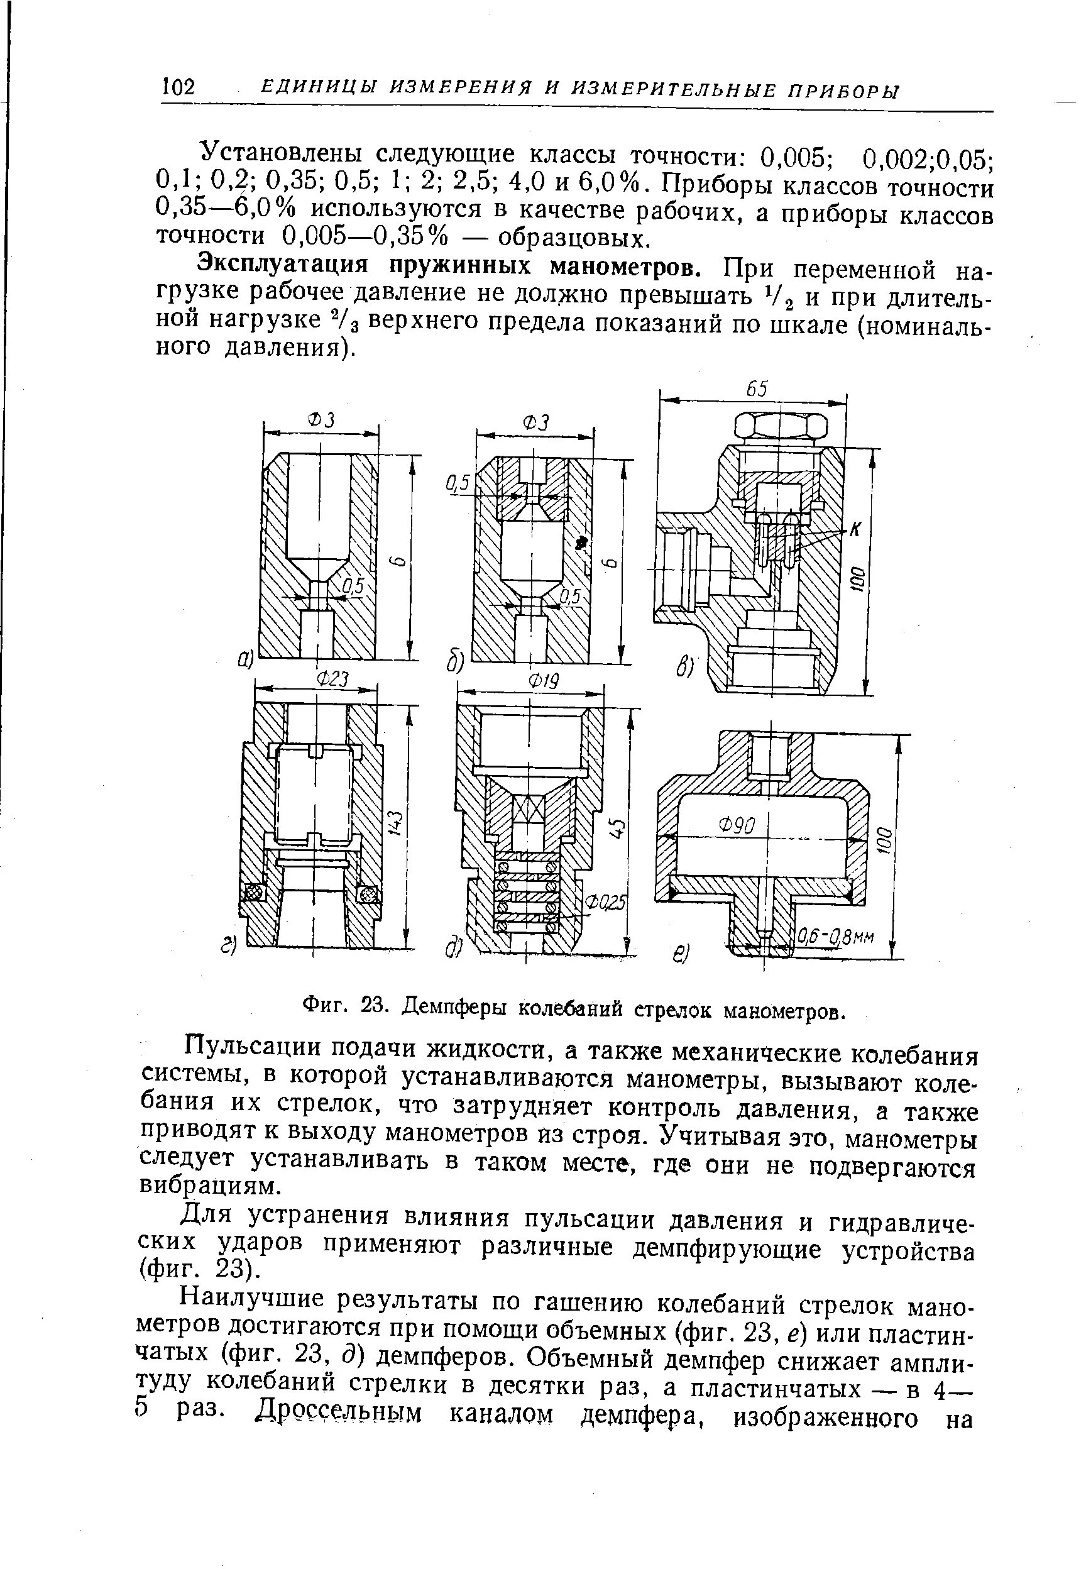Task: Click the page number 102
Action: click(x=179, y=87)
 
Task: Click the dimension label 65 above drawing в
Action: click(x=756, y=388)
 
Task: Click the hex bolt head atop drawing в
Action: click(x=782, y=427)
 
